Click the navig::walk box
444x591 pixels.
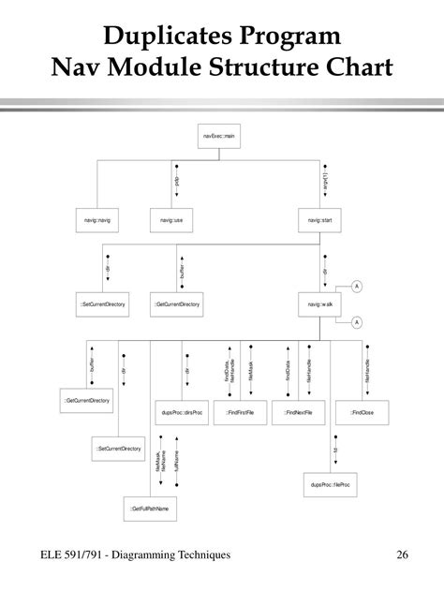(x=320, y=304)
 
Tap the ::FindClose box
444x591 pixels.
(x=363, y=411)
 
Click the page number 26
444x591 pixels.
(x=403, y=556)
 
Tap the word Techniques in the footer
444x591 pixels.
(x=196, y=556)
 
